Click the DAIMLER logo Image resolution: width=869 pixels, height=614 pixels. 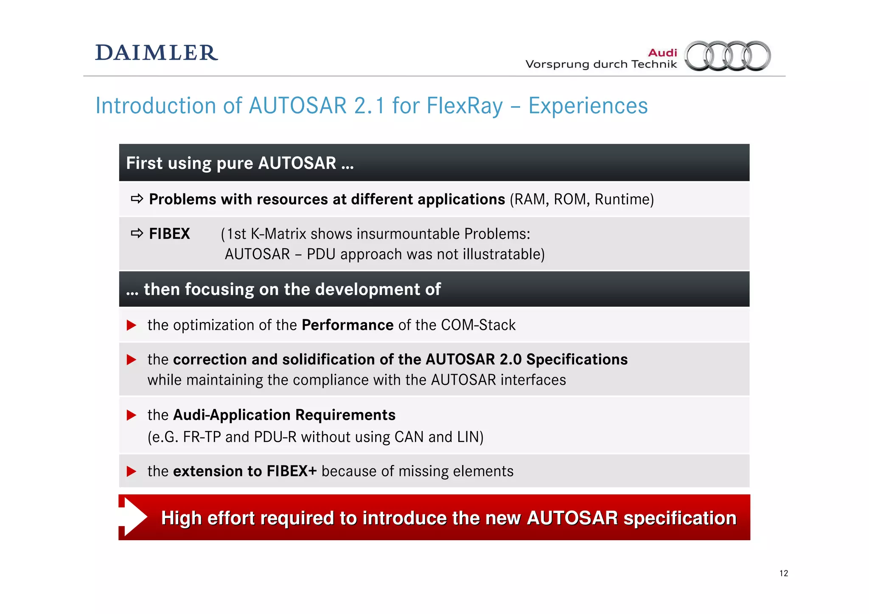pos(156,53)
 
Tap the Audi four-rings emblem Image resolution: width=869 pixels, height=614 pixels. pos(728,56)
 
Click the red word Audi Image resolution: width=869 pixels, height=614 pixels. pos(662,53)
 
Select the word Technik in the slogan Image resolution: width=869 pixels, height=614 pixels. pos(654,64)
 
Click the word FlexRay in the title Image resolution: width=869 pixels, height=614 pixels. pos(465,106)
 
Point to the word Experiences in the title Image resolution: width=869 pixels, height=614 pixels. pos(588,106)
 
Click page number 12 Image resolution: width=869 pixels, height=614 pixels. pos(783,573)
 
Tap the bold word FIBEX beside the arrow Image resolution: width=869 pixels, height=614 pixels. pos(169,234)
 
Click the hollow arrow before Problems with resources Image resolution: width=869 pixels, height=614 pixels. pos(137,199)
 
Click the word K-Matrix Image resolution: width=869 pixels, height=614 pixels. pos(278,234)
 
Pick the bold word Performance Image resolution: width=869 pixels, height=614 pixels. pos(348,325)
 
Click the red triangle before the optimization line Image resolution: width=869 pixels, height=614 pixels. pos(132,325)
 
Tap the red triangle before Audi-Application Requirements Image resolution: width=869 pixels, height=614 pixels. pos(132,415)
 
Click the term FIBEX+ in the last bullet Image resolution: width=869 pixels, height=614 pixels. pos(292,471)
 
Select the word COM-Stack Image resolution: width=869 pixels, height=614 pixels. pos(478,325)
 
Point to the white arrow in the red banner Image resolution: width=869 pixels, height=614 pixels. pos(134,517)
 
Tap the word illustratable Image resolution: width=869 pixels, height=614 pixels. pos(501,254)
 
